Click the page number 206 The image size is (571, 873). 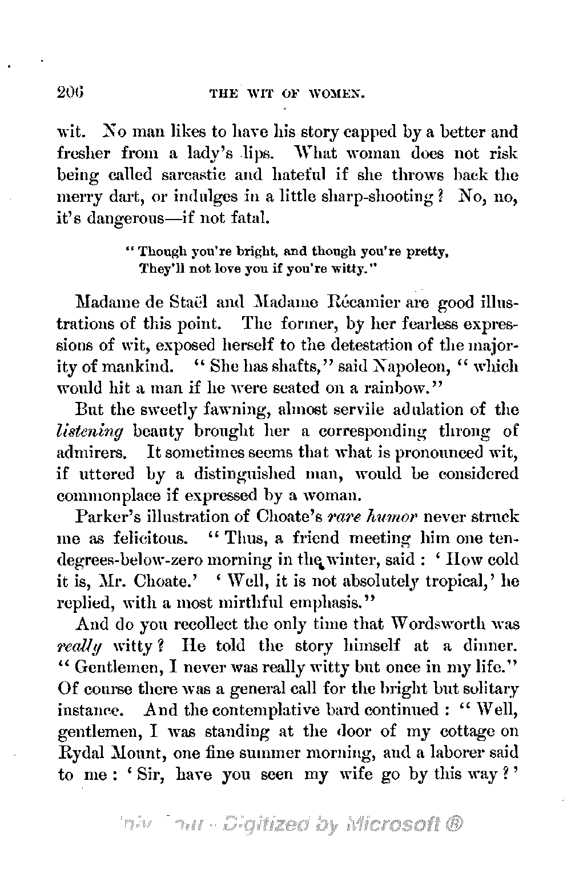coord(70,92)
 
